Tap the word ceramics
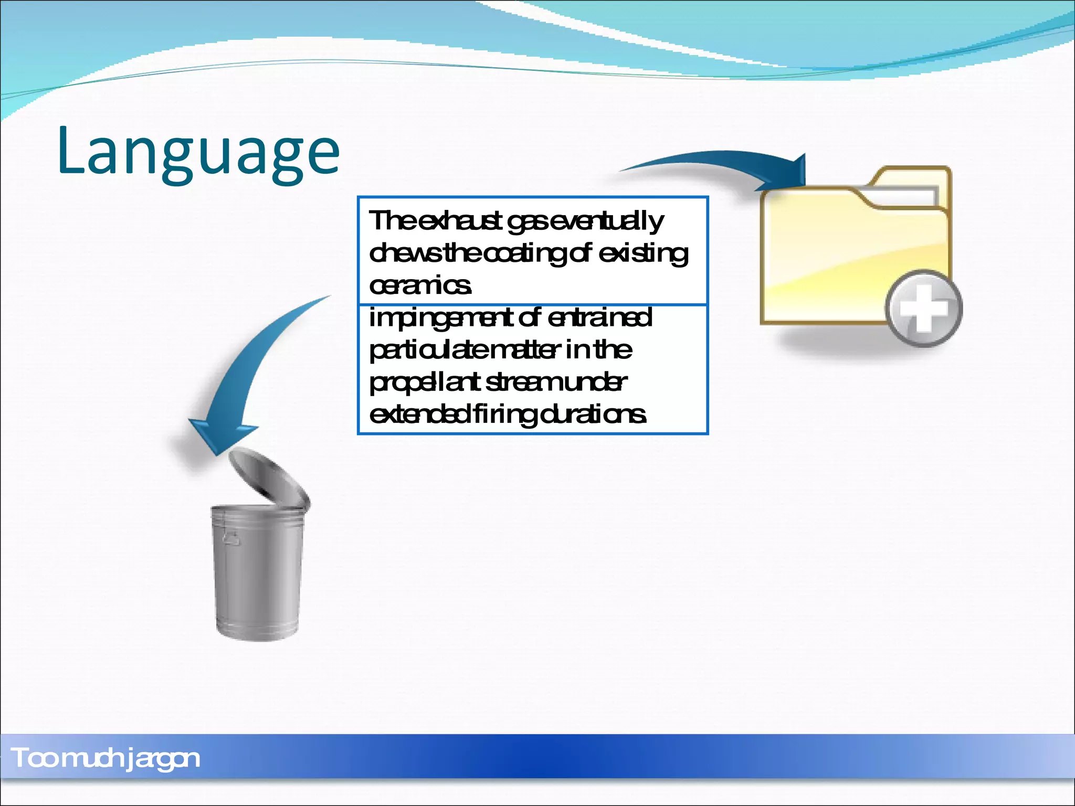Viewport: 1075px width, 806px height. click(x=420, y=286)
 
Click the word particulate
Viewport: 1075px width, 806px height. click(x=428, y=351)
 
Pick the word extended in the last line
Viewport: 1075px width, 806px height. click(x=420, y=415)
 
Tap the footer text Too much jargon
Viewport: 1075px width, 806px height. click(x=105, y=758)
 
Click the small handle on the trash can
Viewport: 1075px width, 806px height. click(x=231, y=538)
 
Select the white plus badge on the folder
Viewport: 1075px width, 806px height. click(x=924, y=309)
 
